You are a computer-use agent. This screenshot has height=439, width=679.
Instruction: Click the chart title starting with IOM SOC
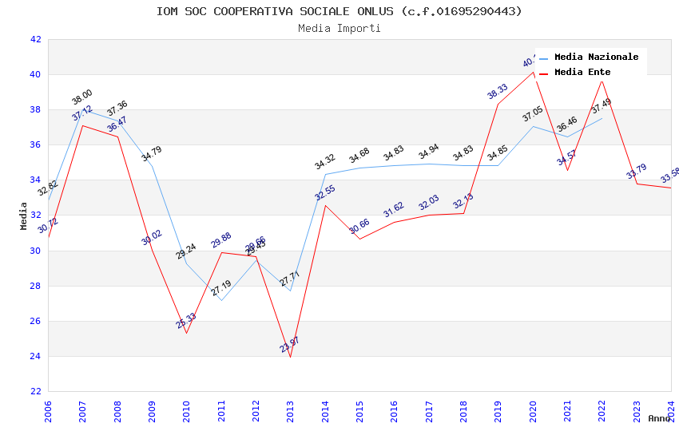click(x=339, y=11)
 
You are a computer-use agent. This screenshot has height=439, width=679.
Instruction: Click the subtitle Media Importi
click(x=339, y=29)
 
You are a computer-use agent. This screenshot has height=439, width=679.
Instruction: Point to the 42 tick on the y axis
click(x=35, y=39)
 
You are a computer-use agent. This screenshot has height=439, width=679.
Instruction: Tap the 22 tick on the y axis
click(x=35, y=391)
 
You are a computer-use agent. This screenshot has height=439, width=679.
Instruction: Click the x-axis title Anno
click(x=659, y=418)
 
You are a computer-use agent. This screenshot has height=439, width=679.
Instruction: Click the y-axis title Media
click(x=24, y=216)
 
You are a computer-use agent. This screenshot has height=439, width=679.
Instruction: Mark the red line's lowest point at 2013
click(x=290, y=357)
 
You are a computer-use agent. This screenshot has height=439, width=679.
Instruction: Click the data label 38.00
click(x=82, y=97)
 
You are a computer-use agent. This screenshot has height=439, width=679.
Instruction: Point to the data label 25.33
click(x=186, y=321)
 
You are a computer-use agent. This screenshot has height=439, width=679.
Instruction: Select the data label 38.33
click(x=498, y=91)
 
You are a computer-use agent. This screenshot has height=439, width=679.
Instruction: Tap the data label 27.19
click(x=221, y=287)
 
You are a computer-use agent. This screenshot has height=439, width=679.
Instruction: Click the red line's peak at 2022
click(x=602, y=81)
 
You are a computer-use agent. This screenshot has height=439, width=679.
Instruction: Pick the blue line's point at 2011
click(x=221, y=300)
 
